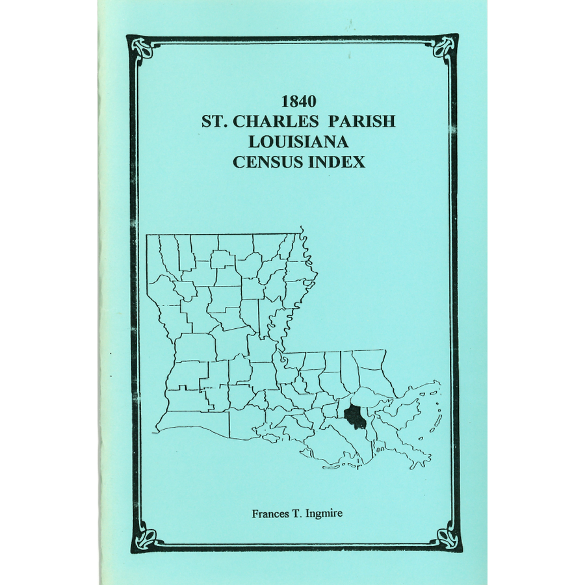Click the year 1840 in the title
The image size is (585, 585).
pos(299,102)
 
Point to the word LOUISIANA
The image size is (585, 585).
pos(299,142)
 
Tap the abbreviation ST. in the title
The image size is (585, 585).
pos(216,122)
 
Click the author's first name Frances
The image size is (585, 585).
pos(271,513)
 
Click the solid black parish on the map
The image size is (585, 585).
pos(355,417)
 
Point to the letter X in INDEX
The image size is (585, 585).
pos(358,162)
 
